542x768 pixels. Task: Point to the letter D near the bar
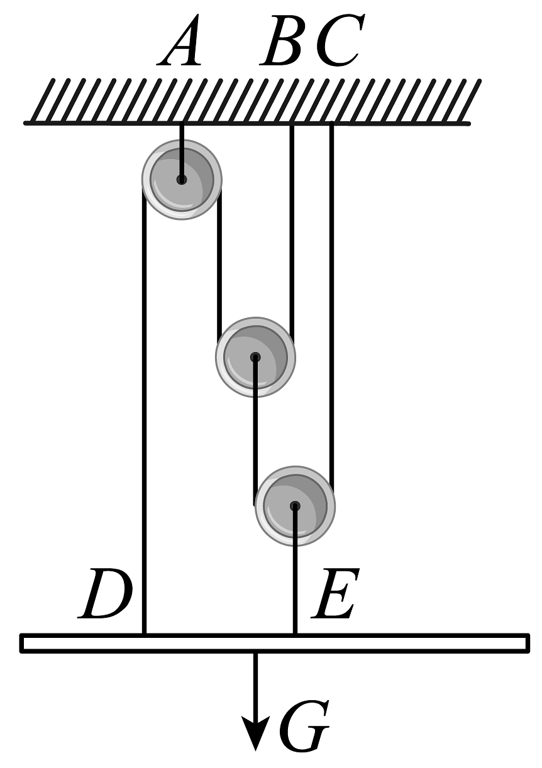coord(106,594)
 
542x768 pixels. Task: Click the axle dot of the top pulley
coord(182,180)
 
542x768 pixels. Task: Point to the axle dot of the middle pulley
coord(255,358)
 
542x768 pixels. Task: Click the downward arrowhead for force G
coord(255,735)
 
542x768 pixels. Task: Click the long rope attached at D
coord(145,409)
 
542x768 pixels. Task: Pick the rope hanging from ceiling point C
coord(331,302)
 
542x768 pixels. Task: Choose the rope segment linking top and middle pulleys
coord(219,264)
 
